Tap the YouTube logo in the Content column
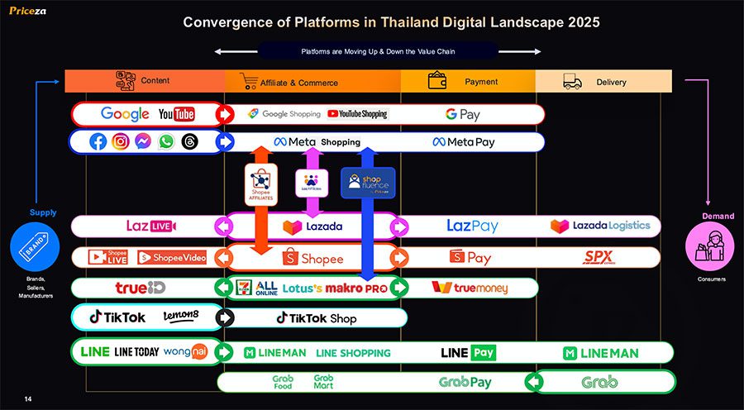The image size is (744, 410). [x=176, y=114]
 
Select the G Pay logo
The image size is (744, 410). [x=462, y=114]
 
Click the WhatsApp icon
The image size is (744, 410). [x=166, y=141]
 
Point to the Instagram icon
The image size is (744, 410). [x=121, y=141]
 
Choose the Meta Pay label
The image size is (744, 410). [x=464, y=142]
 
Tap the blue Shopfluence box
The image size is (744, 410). [x=368, y=183]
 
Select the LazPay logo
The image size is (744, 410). [x=472, y=226]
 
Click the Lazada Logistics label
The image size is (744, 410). [x=600, y=226]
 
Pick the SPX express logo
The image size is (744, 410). [x=599, y=257]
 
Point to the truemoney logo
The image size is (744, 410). [x=470, y=288]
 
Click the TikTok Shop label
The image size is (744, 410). [x=317, y=317]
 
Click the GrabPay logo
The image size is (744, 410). [x=465, y=383]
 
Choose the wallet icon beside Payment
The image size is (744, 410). [x=438, y=80]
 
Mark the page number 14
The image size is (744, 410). [x=28, y=400]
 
